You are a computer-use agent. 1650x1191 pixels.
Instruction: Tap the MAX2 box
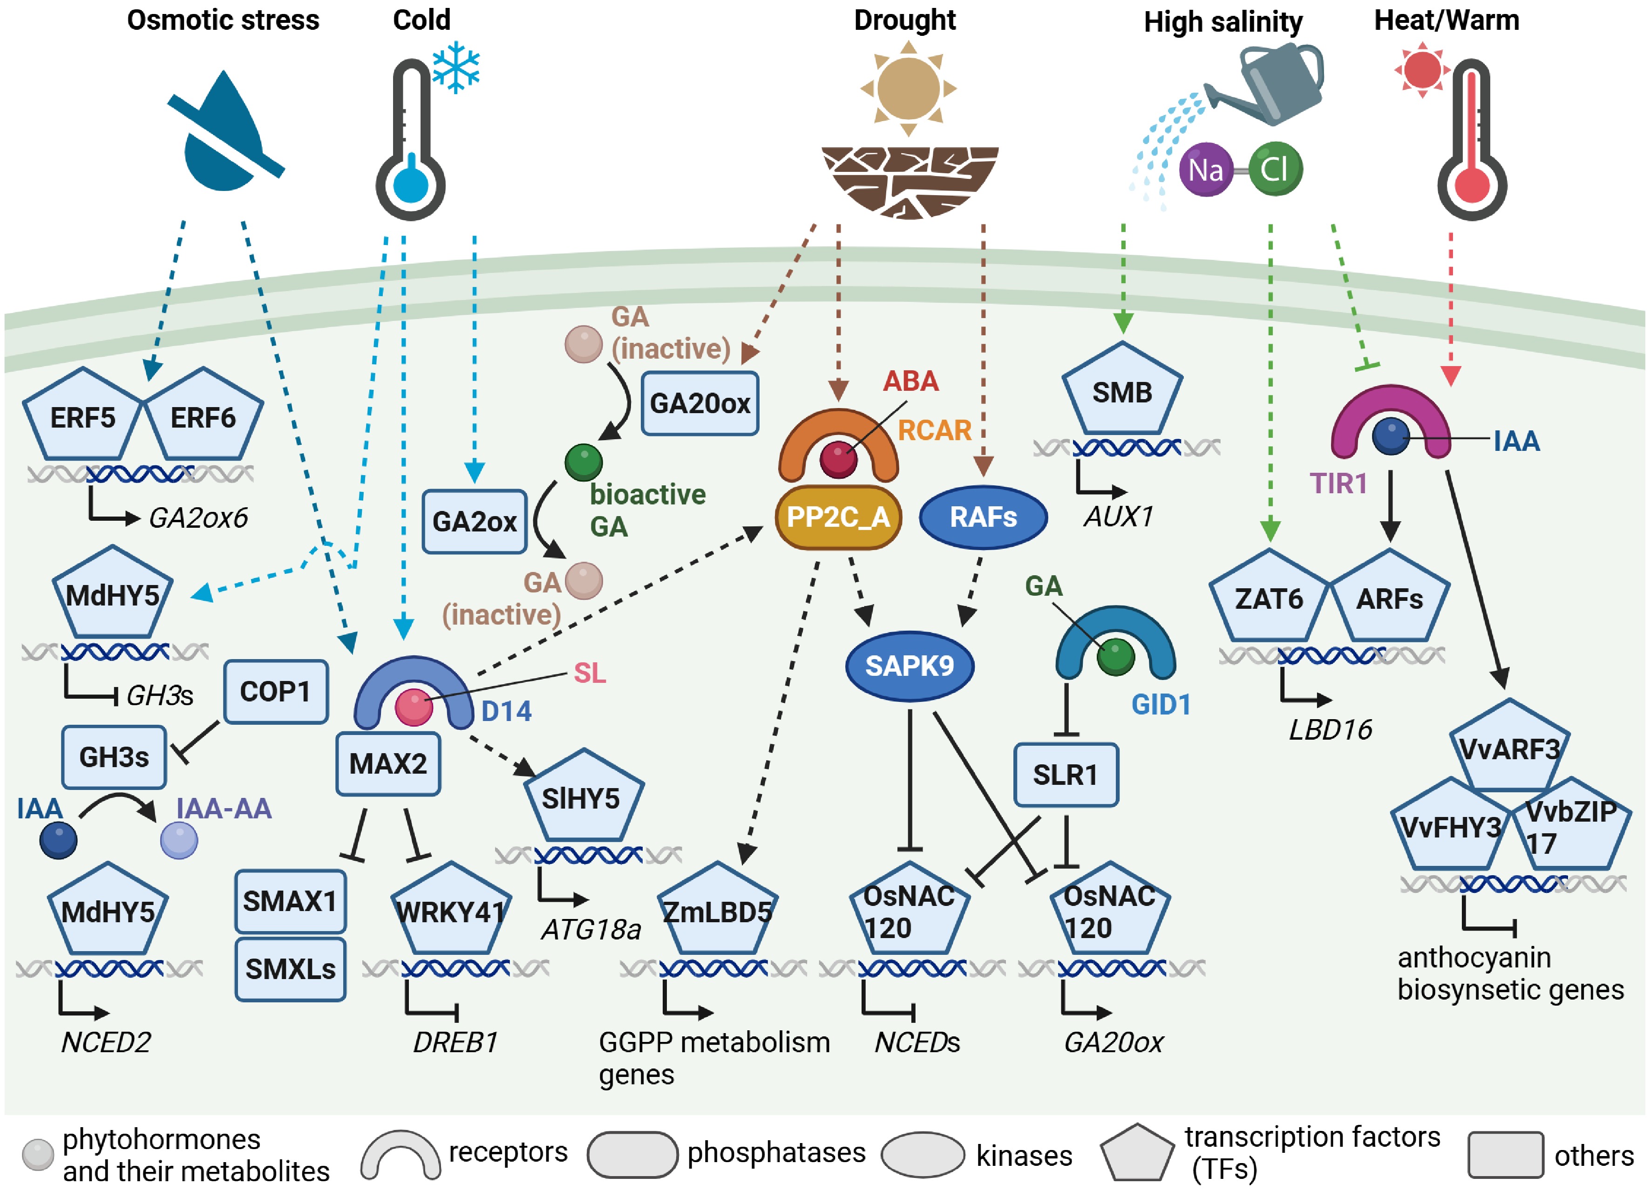[x=388, y=763]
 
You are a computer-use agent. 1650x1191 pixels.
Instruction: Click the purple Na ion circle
[x=1206, y=170]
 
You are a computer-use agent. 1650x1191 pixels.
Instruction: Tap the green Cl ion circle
[x=1275, y=170]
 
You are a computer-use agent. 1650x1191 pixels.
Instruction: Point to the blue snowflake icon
[x=456, y=68]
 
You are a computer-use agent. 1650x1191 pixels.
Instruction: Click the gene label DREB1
[x=455, y=1042]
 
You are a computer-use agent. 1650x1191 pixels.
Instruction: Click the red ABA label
[x=910, y=381]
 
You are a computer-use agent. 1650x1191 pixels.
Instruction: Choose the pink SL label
[x=589, y=673]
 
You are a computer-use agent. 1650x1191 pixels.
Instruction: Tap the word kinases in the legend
[x=1024, y=1155]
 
